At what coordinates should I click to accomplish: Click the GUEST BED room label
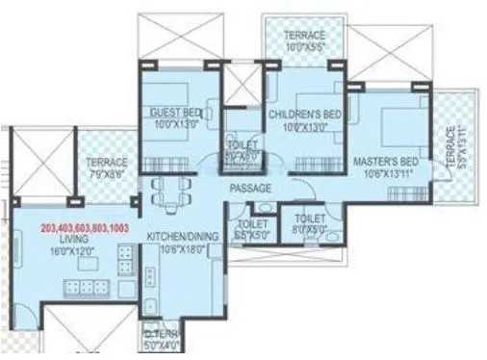tap(174, 112)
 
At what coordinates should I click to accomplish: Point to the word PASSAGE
tap(249, 188)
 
